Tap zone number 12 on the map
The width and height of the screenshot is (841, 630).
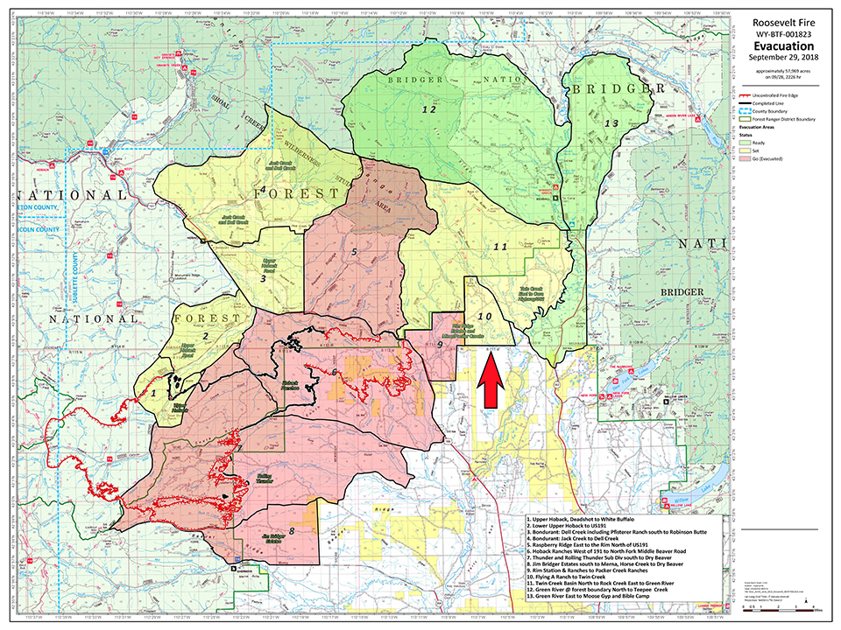[428, 110]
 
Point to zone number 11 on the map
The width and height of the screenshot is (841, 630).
[500, 247]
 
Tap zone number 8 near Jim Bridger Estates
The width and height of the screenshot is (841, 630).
[292, 530]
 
